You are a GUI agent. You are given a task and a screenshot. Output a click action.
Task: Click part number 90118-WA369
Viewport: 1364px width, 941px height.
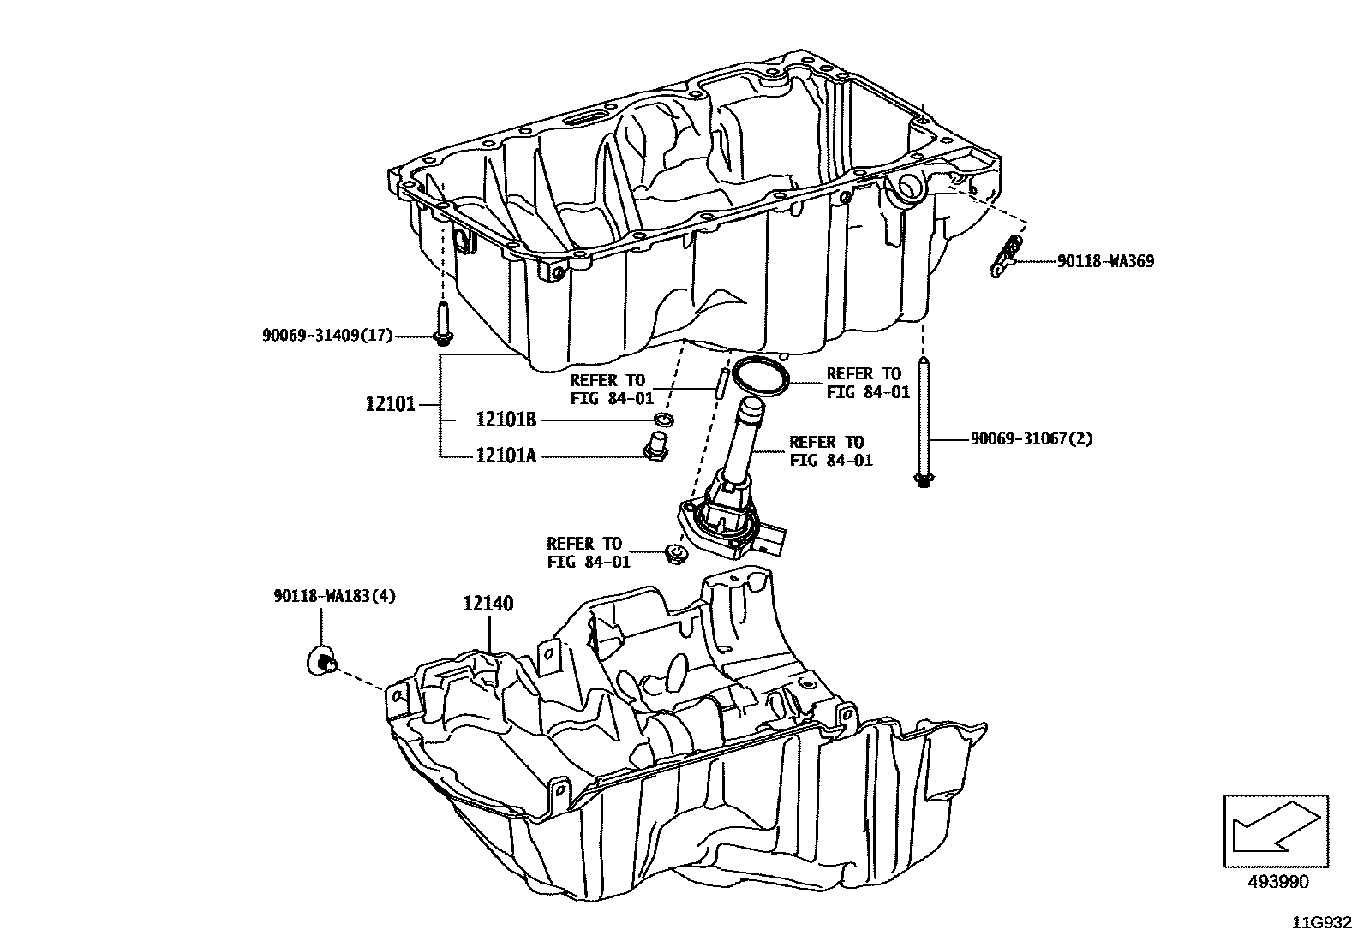(1104, 261)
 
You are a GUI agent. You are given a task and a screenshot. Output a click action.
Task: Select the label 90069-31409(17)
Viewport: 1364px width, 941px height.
(326, 336)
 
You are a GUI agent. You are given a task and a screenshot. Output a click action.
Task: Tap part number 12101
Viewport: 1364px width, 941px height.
(390, 403)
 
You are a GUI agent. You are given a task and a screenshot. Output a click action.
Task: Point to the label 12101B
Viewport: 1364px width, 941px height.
(506, 420)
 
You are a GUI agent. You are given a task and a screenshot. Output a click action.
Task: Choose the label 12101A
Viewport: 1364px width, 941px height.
(506, 456)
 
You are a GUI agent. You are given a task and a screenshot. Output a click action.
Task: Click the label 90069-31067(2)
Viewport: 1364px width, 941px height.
(1032, 438)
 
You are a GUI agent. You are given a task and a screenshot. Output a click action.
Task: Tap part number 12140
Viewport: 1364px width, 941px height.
(488, 604)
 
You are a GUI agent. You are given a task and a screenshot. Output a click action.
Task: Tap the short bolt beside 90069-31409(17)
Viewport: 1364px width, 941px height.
(443, 325)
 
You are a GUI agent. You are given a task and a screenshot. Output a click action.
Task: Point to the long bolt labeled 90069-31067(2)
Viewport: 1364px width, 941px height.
(923, 424)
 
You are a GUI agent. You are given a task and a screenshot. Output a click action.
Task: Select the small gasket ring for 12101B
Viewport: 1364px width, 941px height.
(662, 420)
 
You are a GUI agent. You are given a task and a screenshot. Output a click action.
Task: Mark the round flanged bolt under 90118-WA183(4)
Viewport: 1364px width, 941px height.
(321, 661)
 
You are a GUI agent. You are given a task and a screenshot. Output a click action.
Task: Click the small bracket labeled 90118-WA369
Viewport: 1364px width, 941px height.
(1006, 257)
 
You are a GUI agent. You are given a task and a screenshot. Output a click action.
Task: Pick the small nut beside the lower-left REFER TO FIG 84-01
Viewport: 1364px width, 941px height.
(676, 555)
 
